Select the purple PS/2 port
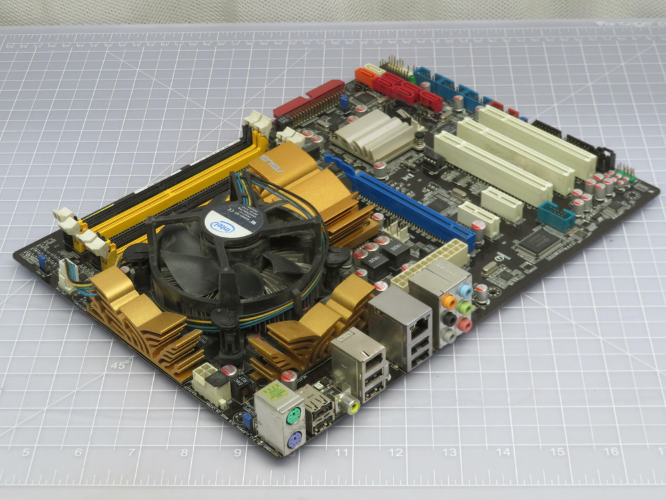click(x=294, y=438)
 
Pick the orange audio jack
click(x=449, y=301)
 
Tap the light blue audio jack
click(x=466, y=292)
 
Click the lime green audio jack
click(x=466, y=309)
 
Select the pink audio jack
click(x=466, y=325)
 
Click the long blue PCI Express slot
click(x=400, y=200)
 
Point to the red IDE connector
click(x=308, y=99)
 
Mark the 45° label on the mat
click(x=121, y=365)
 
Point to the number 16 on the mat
click(x=610, y=451)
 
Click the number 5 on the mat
click(x=26, y=453)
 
